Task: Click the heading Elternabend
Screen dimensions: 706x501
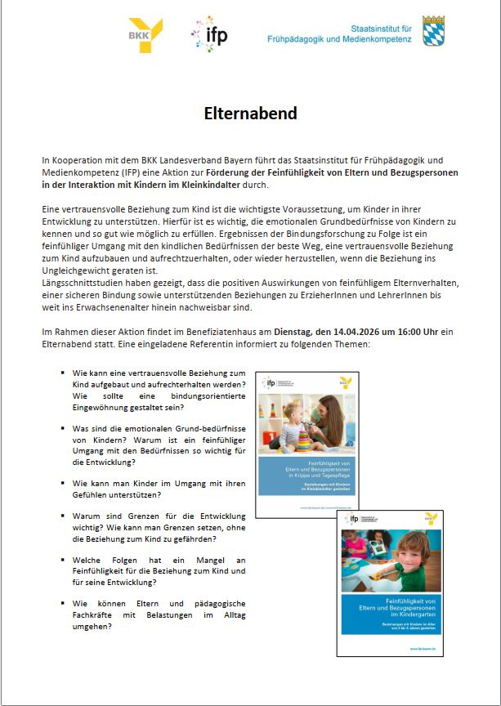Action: pos(250,114)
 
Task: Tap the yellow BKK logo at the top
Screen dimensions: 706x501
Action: pos(145,35)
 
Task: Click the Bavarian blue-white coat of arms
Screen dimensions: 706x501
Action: pos(433,31)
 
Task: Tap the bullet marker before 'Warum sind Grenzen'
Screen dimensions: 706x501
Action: pos(62,516)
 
